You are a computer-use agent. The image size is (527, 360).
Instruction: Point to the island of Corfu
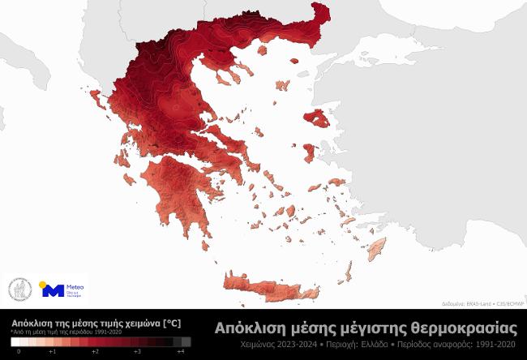95,100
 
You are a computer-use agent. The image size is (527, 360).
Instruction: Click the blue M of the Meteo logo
51,290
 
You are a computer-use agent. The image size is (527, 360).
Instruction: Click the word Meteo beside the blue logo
74,286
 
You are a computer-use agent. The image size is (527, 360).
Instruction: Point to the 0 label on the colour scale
19,352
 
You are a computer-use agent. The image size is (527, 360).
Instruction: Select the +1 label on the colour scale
52,352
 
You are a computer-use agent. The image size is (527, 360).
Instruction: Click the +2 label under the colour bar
95,352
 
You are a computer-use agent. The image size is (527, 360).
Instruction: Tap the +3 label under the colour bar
138,352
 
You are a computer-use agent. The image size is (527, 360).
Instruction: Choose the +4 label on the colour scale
181,352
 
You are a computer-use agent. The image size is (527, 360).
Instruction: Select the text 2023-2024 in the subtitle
293,345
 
